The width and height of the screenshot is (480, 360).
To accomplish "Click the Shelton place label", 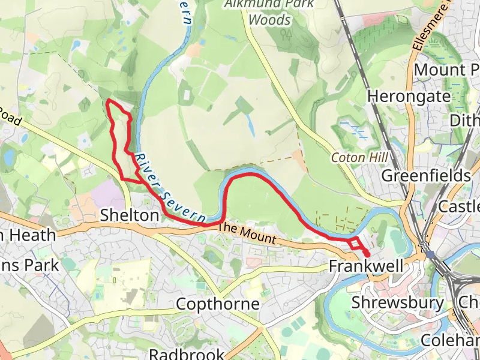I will (x=130, y=215).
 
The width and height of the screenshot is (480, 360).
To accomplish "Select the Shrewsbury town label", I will (x=398, y=302).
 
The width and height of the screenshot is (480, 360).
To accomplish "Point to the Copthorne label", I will (x=218, y=304).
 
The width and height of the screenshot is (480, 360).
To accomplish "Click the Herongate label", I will (x=409, y=96).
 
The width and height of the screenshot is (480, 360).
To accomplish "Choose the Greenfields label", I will (x=426, y=176).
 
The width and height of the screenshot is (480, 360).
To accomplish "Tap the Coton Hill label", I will (x=359, y=157).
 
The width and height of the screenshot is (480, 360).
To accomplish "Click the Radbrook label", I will (x=187, y=354).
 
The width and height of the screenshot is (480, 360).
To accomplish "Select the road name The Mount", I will (x=247, y=234).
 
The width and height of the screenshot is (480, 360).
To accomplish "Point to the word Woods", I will (x=269, y=20).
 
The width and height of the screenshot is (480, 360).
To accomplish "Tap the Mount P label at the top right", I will (x=447, y=69).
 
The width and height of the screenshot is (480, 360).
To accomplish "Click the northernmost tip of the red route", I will (x=107, y=101).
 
